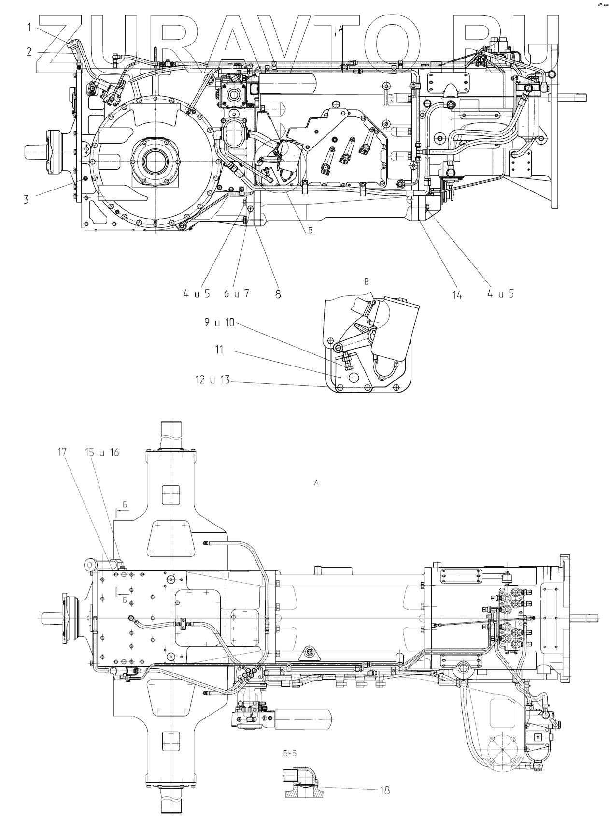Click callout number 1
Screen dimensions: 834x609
click(29, 28)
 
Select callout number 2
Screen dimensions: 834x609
click(29, 51)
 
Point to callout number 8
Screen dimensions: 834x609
click(278, 294)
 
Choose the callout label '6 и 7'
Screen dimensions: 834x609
click(237, 293)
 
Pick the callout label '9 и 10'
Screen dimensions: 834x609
click(219, 322)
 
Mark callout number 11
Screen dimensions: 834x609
click(220, 349)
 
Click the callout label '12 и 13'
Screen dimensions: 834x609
click(213, 380)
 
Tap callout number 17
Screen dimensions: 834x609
click(62, 452)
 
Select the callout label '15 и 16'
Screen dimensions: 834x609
click(102, 453)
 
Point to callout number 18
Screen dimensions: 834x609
click(384, 790)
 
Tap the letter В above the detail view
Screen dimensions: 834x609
click(366, 281)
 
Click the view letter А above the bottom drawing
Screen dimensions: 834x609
click(316, 482)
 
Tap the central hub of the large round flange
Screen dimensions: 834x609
click(154, 162)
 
